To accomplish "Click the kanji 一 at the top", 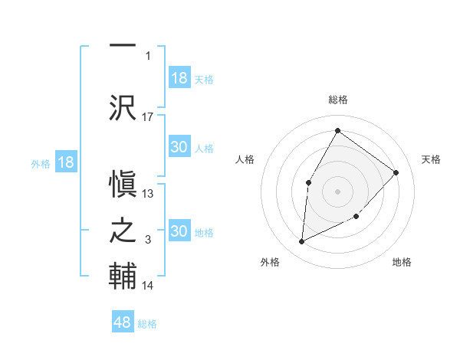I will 123,46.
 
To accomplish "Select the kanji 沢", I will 123,106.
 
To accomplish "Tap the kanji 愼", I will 123,183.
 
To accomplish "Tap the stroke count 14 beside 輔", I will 148,286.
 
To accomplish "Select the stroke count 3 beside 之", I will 148,241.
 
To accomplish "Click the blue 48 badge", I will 123,322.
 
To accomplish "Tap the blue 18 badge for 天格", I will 179,78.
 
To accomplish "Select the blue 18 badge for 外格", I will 66,162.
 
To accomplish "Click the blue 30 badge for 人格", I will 179,147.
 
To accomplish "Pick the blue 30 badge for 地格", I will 179,231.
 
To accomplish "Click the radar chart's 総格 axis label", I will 337,100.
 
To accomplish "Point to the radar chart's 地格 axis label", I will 402,262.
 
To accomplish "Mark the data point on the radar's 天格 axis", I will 396,172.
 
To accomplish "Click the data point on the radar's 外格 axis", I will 301,242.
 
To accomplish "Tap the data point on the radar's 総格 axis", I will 337,130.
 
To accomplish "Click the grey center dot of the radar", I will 337,191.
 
